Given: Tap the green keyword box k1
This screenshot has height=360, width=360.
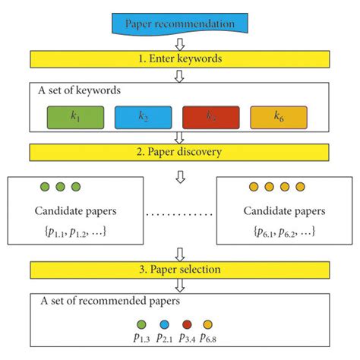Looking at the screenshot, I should [x=69, y=116].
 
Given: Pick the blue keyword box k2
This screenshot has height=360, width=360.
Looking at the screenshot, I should [x=143, y=116].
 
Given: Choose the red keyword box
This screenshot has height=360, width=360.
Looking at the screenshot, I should [x=210, y=116].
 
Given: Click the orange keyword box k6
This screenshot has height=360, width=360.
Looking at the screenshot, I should [x=278, y=116].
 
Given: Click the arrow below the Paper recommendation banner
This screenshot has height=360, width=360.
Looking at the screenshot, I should [x=180, y=41].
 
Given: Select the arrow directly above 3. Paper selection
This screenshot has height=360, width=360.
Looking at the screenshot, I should [x=180, y=253].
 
